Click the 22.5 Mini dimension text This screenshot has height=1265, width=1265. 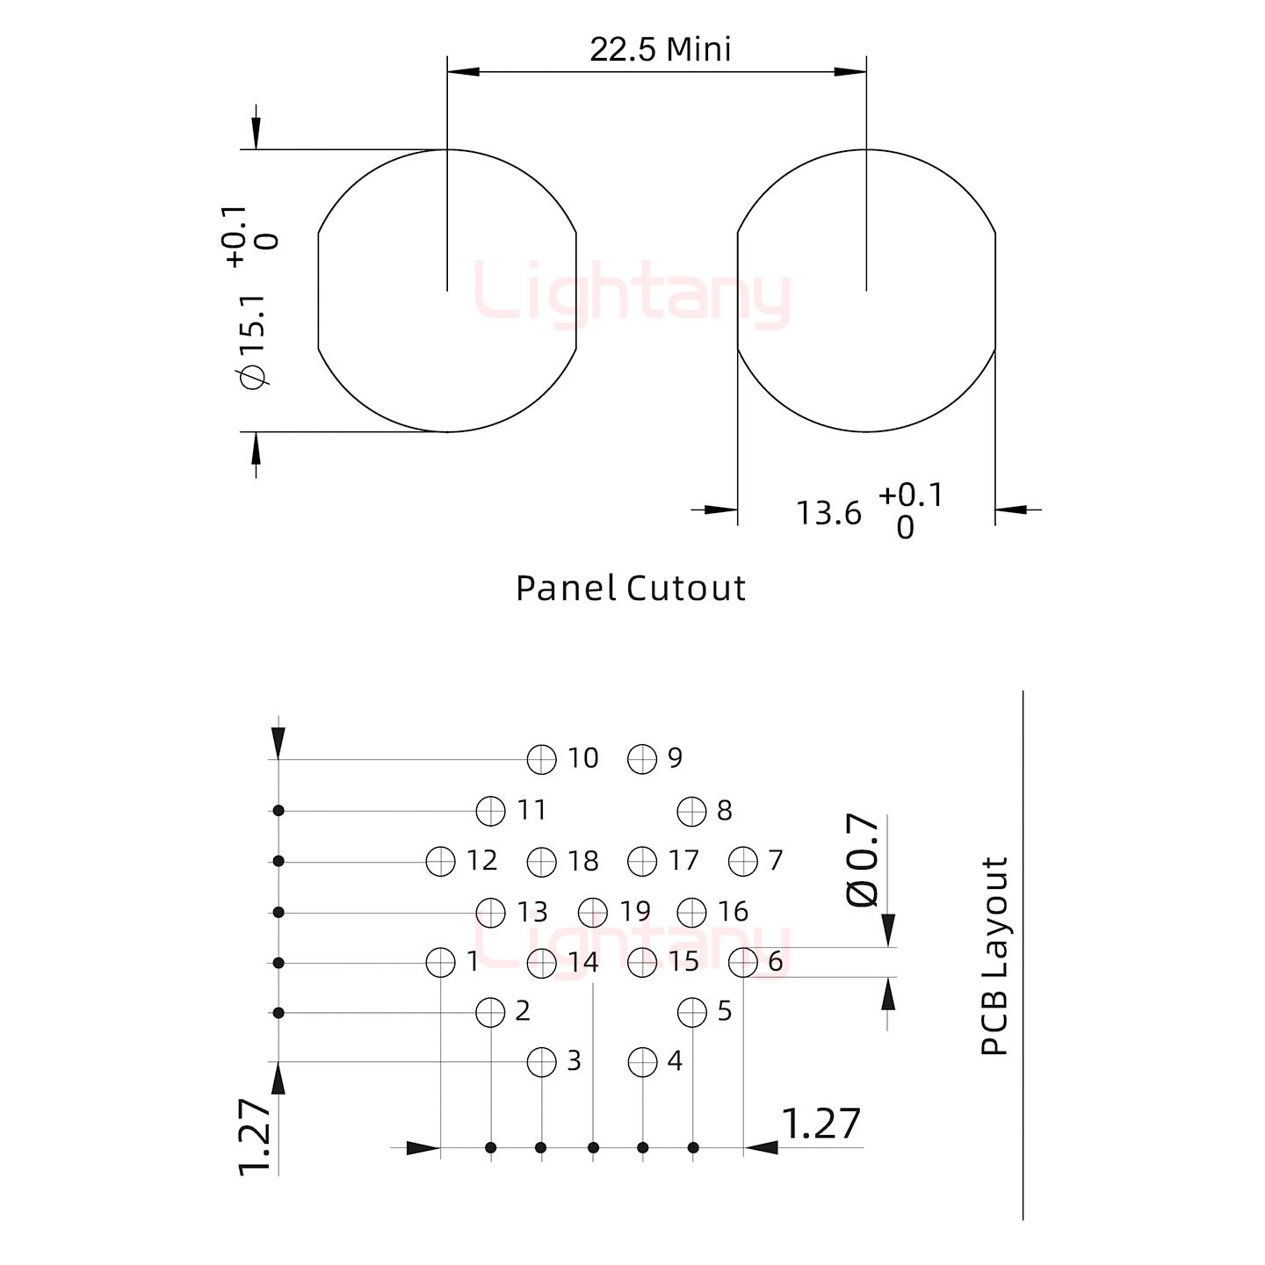[x=660, y=49]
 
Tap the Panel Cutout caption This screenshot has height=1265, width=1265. [x=630, y=588]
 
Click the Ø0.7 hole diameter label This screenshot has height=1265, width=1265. [x=863, y=861]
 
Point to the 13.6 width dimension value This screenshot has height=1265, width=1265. [x=828, y=513]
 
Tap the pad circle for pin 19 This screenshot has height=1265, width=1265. [x=592, y=912]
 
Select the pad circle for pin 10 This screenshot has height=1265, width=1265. [x=542, y=760]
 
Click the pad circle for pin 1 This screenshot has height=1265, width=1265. [x=440, y=963]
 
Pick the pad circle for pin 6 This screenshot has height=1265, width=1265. [x=743, y=963]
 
